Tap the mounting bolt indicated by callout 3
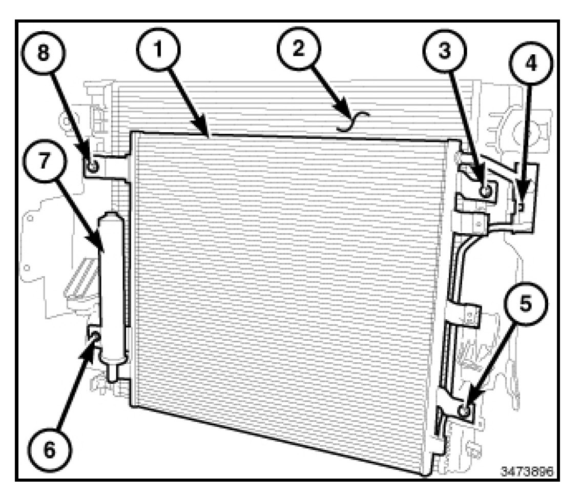(486, 191)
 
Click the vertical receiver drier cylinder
(112, 287)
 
